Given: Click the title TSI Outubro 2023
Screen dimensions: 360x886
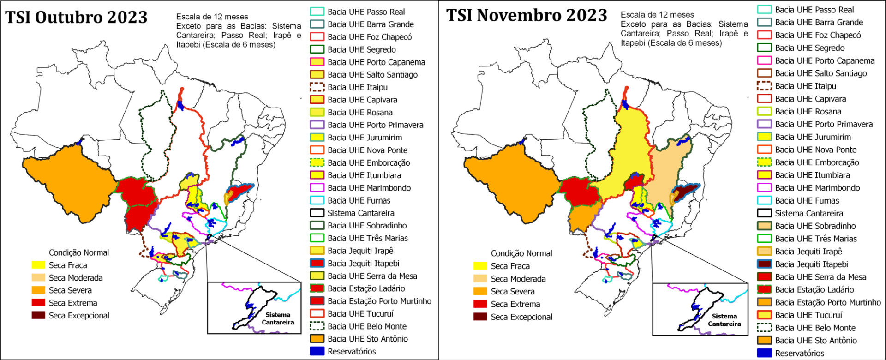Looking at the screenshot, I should pyautogui.click(x=76, y=18).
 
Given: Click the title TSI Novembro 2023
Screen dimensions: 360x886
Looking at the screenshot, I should pyautogui.click(x=526, y=16).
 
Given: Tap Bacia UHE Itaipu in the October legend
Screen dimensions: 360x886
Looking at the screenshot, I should pyautogui.click(x=357, y=87).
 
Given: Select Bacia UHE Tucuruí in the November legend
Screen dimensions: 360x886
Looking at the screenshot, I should pyautogui.click(x=808, y=315).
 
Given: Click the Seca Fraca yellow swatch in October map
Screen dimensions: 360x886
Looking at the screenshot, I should pyautogui.click(x=38, y=265).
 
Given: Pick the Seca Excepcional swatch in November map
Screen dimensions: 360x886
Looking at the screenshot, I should pyautogui.click(x=480, y=317).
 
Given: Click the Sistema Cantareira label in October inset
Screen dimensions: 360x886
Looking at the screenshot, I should pyautogui.click(x=277, y=318).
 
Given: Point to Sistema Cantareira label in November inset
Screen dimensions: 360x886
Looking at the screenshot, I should pyautogui.click(x=724, y=320).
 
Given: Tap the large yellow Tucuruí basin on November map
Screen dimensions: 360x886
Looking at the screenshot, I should pyautogui.click(x=628, y=148).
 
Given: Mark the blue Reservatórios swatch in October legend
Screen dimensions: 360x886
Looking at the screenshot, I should pyautogui.click(x=317, y=351).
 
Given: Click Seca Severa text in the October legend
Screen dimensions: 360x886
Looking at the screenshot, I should pyautogui.click(x=70, y=290).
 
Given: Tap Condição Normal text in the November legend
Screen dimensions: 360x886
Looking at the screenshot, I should pyautogui.click(x=521, y=253).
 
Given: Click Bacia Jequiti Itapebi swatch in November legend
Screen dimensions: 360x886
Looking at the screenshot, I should pyautogui.click(x=764, y=264).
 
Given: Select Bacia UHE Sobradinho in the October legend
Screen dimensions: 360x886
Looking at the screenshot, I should pyautogui.click(x=367, y=226).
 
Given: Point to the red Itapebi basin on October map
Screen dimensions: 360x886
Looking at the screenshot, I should pyautogui.click(x=239, y=192).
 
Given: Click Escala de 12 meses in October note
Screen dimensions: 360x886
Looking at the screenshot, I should pyautogui.click(x=212, y=17).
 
